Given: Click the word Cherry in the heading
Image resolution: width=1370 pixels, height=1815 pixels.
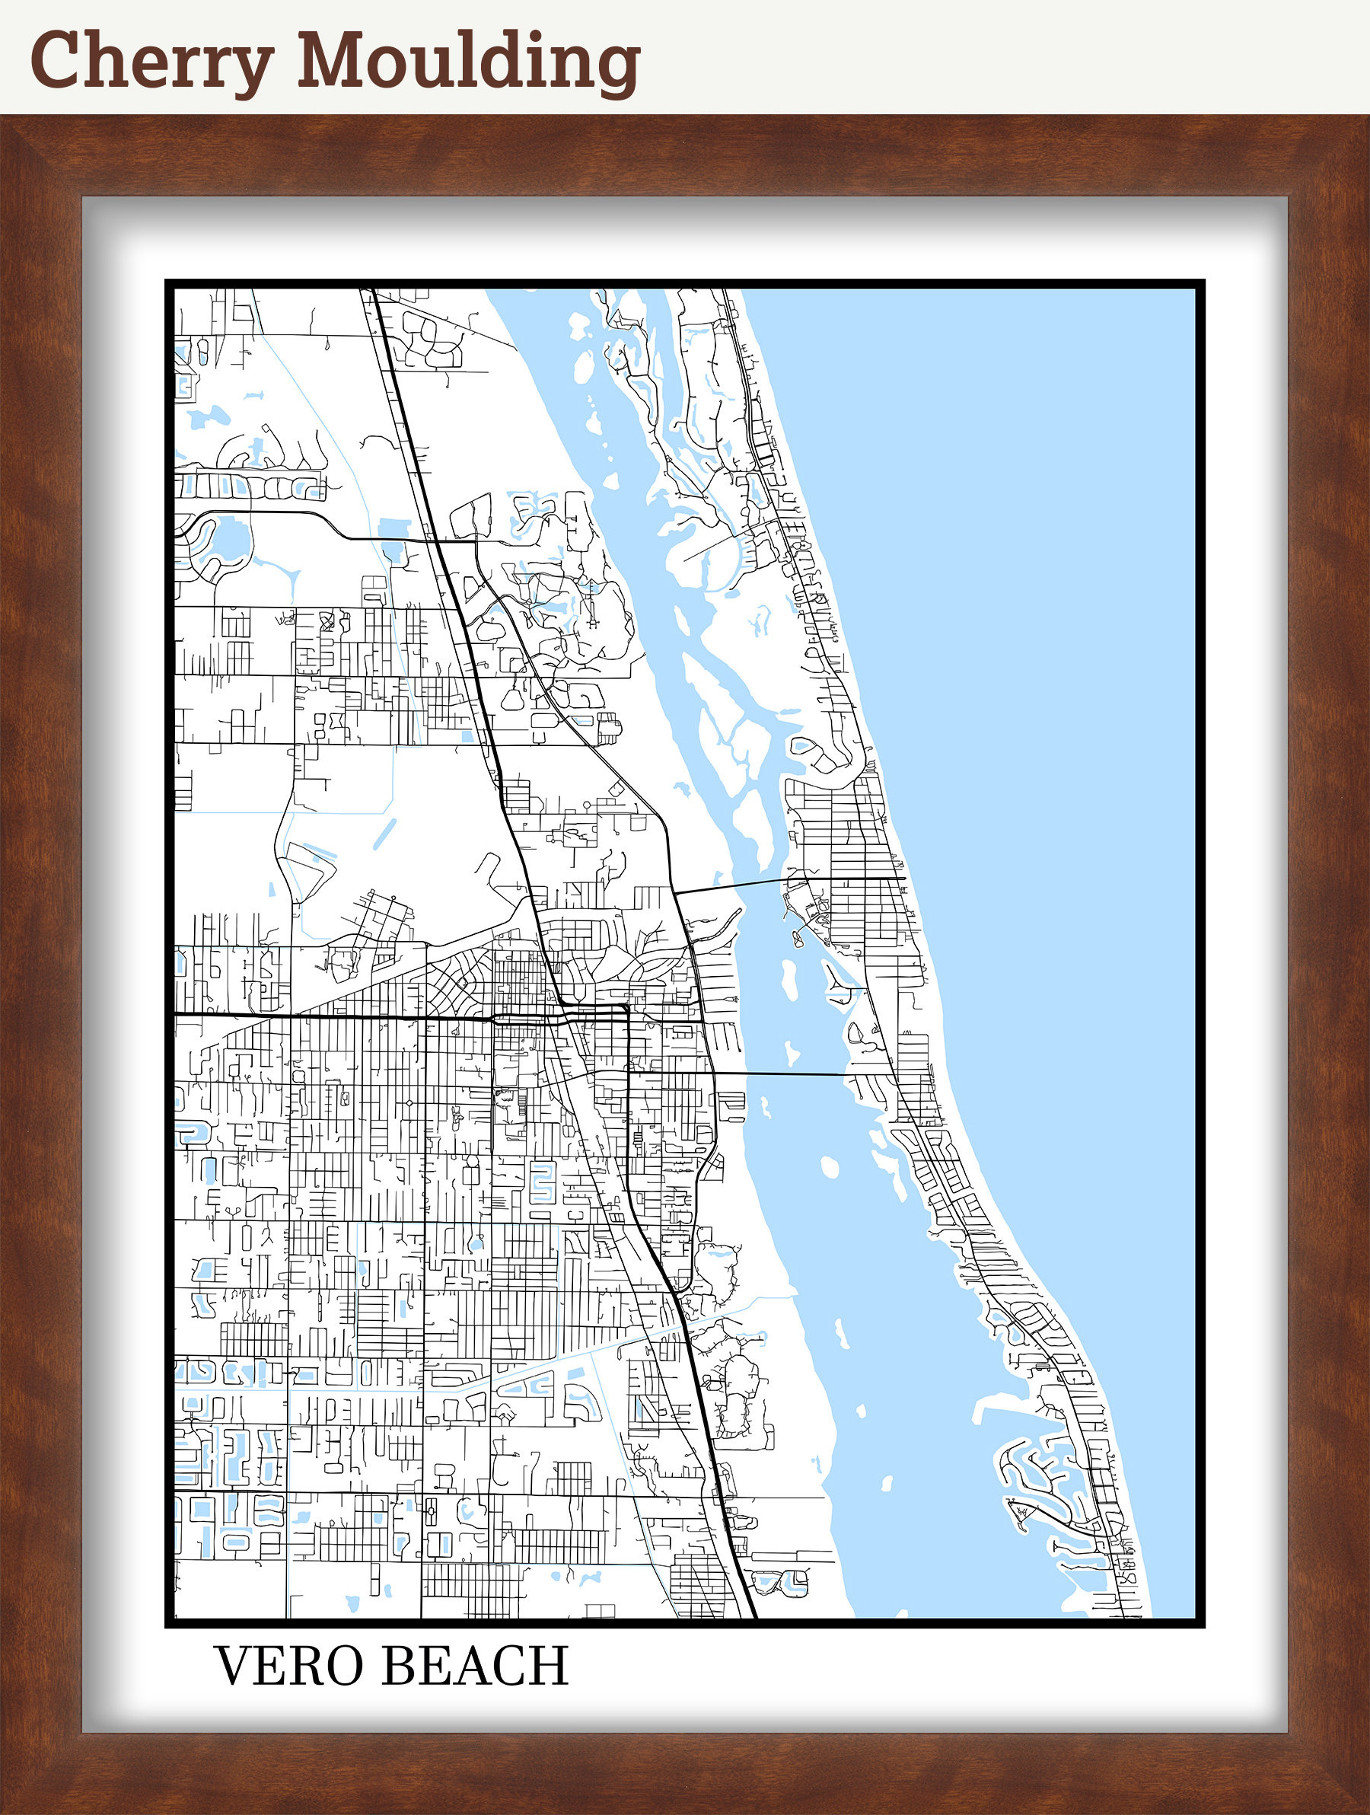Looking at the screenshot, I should coord(151,62).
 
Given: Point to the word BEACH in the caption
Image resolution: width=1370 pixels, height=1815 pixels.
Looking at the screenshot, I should coord(475,1665).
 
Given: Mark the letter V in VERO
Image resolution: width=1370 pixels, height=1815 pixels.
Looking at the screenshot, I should coord(234,1665).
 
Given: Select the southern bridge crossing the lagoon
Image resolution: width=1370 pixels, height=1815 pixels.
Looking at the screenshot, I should coord(779,1073).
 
